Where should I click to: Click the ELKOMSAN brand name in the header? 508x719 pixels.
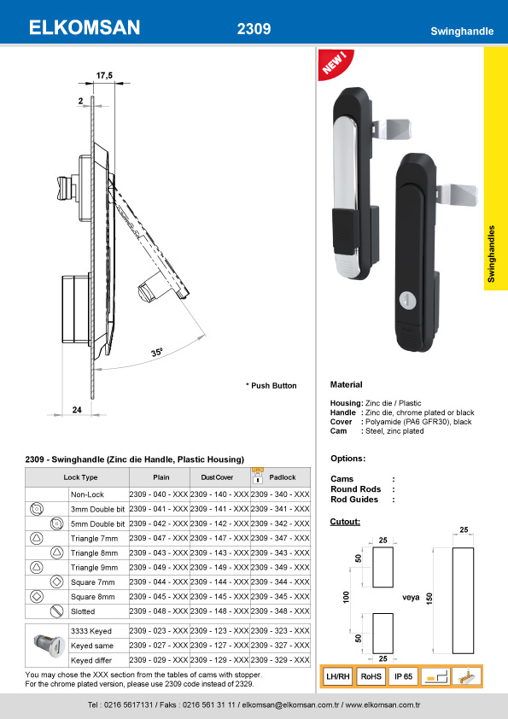(x=85, y=28)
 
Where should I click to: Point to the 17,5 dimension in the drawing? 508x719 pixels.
(x=104, y=75)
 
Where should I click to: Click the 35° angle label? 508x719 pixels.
(x=157, y=352)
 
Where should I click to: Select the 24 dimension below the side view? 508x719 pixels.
(x=77, y=410)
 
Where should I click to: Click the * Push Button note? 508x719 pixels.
(x=272, y=386)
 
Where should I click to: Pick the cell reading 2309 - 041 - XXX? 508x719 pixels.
(x=159, y=509)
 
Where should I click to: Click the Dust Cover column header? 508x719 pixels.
(x=217, y=477)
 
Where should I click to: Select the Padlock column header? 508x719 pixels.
(x=283, y=477)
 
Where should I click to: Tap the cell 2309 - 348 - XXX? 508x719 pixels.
(x=280, y=611)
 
